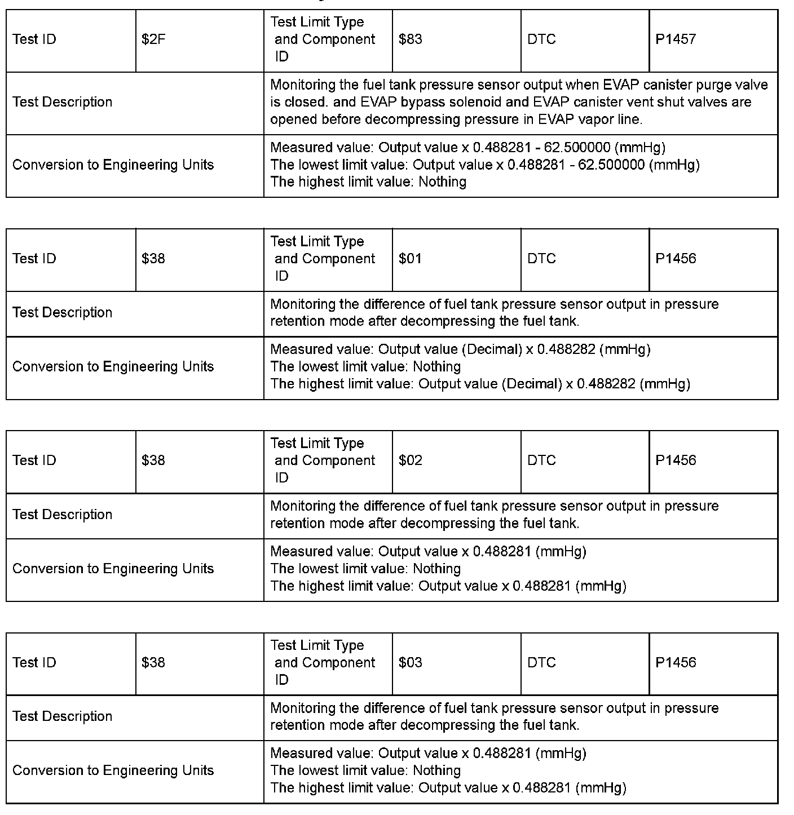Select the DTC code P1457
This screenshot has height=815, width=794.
676,39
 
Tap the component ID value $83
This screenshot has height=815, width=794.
410,39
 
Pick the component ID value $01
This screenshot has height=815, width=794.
410,259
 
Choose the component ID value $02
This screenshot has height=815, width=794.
410,460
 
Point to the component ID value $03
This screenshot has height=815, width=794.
410,663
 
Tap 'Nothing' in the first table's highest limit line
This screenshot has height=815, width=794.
442,182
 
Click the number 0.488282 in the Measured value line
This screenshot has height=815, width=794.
566,349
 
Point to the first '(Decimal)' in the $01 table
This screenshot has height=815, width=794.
492,349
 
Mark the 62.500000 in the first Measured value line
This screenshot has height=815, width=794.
577,148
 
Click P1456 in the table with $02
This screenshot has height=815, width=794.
676,460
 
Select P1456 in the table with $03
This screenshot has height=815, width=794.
676,663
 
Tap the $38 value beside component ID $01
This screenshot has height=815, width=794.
153,259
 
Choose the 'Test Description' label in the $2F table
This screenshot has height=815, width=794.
62,103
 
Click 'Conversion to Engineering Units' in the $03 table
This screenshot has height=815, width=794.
113,770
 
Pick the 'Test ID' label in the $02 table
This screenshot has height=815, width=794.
34,460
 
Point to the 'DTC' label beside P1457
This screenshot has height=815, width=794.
541,39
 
